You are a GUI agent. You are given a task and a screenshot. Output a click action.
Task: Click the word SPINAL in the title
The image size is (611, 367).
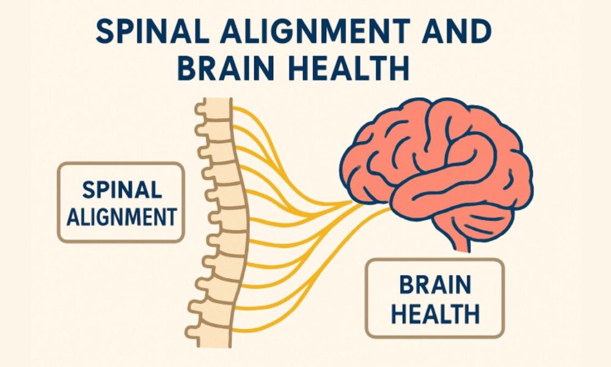(152, 31)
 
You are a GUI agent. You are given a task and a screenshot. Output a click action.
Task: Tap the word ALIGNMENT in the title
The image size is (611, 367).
(315, 31)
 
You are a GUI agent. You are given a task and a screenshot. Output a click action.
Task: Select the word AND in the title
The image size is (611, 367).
(456, 31)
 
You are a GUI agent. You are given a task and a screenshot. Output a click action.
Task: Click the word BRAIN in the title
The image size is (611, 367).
(225, 68)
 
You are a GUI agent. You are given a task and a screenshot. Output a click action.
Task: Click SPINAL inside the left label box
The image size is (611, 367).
(122, 190)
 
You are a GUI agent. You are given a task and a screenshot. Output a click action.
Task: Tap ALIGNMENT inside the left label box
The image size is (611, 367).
(122, 217)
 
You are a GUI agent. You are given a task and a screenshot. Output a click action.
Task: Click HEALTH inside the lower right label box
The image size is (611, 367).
(435, 314)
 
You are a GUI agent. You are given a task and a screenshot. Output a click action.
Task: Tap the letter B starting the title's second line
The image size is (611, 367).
(186, 68)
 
